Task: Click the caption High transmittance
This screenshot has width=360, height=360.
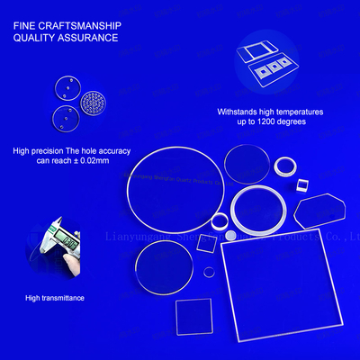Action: [x=55, y=298]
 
